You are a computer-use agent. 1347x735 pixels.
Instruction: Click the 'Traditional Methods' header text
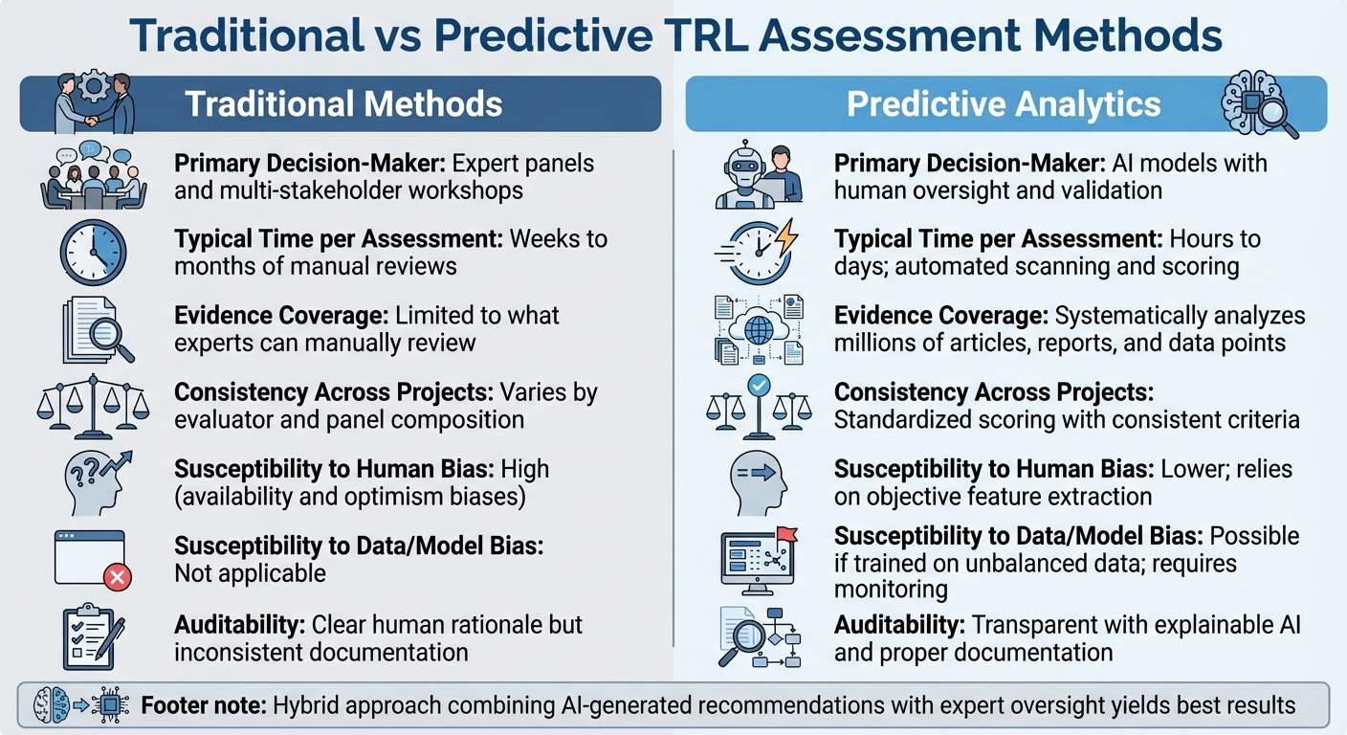[343, 103]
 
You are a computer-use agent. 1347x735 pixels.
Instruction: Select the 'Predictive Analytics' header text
[1004, 103]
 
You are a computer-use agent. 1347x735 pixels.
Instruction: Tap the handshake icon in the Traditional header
[94, 103]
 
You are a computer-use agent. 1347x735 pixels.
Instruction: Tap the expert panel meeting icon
[93, 177]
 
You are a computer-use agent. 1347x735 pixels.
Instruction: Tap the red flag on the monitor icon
[786, 534]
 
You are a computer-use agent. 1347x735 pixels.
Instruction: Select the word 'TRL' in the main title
[752, 35]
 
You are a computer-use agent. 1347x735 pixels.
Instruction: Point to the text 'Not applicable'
[250, 573]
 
